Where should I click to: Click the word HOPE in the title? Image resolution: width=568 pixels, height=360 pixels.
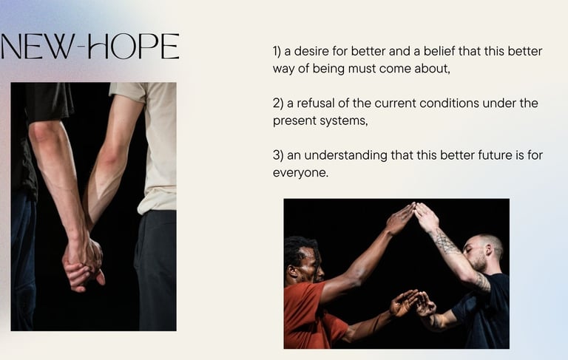coord(134,47)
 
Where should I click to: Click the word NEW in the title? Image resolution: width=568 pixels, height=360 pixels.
coord(37,47)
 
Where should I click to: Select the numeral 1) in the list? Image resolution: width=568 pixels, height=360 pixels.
coord(277,52)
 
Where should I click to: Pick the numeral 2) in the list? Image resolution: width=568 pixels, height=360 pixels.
coord(278,103)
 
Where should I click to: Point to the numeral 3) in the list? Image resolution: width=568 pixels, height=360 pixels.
coord(278,156)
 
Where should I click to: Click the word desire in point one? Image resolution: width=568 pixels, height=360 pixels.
coord(311,52)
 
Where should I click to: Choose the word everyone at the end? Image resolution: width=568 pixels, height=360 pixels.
coord(300,173)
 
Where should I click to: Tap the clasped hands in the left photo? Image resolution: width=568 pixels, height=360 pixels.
coord(83,262)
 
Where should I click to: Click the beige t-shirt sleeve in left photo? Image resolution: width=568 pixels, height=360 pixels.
coord(129,93)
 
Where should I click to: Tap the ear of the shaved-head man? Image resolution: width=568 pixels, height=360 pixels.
coord(489,249)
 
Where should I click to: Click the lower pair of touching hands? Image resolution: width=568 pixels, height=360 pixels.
coord(413,304)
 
